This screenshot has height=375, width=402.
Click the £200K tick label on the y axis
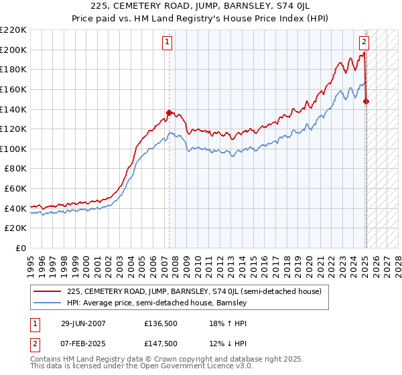pyautogui.click(x=13, y=50)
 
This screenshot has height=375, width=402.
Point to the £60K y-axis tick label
pyautogui.click(x=15, y=189)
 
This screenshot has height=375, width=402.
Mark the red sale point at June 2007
pyautogui.click(x=169, y=112)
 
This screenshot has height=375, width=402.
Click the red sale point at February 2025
pyautogui.click(x=366, y=102)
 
